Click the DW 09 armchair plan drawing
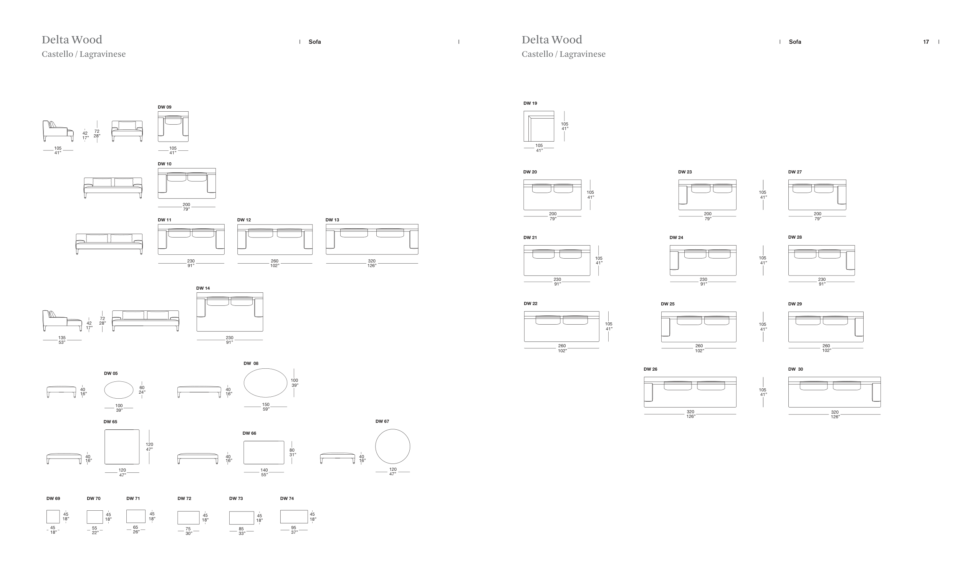(x=173, y=127)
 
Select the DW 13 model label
(x=332, y=220)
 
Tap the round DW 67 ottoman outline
(x=392, y=447)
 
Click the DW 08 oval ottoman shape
(x=265, y=383)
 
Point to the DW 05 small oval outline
(x=119, y=390)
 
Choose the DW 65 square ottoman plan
(x=122, y=447)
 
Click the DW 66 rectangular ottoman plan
(x=264, y=452)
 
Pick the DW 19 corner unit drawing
(x=538, y=126)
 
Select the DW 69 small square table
(x=53, y=516)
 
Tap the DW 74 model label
(x=287, y=498)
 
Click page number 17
(x=926, y=42)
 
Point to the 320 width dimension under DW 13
(x=372, y=261)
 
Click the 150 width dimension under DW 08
(x=266, y=405)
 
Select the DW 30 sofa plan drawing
(x=834, y=392)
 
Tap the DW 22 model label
(x=530, y=304)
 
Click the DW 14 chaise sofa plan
(x=230, y=312)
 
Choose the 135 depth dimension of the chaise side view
(x=62, y=338)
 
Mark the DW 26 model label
(x=650, y=369)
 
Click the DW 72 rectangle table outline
(x=188, y=518)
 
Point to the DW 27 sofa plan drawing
(x=817, y=195)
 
